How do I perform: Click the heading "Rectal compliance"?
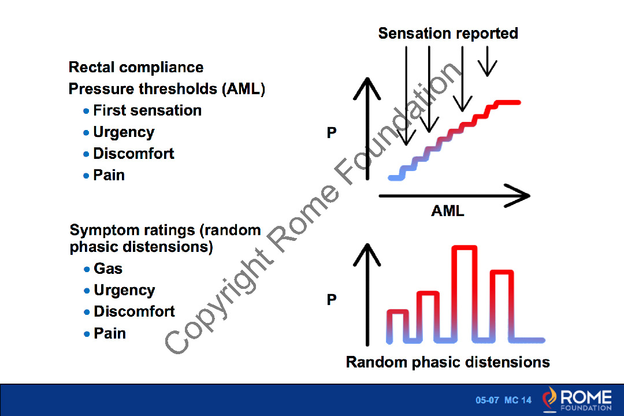[136, 68]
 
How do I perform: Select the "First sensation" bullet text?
[147, 110]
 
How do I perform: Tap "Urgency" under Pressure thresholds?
[124, 132]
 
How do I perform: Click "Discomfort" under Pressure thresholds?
[133, 154]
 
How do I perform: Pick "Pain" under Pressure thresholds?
[109, 175]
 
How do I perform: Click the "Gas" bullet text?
[108, 269]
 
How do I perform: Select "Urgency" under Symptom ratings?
[124, 290]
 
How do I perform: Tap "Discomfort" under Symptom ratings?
[134, 311]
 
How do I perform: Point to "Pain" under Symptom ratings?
[110, 333]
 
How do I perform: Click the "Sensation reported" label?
[448, 34]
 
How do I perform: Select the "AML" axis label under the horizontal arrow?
[447, 211]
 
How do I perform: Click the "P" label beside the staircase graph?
[332, 133]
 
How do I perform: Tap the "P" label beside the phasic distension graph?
[332, 300]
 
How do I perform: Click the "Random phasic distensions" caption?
[448, 362]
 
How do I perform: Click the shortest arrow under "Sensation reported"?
[488, 61]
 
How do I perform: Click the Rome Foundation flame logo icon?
[551, 399]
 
